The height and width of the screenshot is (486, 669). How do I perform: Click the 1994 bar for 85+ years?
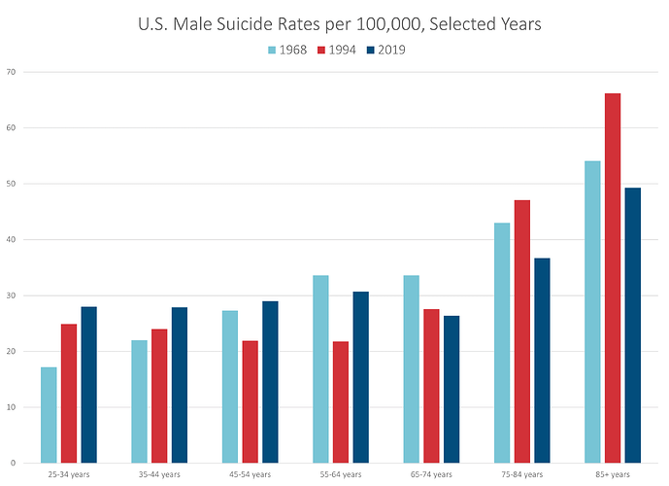(613, 278)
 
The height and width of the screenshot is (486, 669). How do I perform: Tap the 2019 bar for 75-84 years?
(542, 361)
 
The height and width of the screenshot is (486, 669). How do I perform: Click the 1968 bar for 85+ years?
(592, 312)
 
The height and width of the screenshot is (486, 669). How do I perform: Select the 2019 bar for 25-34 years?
(88, 385)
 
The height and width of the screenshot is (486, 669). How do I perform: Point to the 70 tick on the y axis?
(10, 72)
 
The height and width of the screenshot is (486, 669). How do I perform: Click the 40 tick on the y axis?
(10, 240)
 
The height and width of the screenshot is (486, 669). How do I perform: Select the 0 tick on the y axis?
(12, 463)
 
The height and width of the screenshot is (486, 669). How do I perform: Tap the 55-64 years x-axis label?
(340, 475)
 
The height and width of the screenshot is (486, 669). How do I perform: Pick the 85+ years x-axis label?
(613, 475)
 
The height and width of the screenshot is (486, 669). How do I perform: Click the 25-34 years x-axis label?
(68, 475)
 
